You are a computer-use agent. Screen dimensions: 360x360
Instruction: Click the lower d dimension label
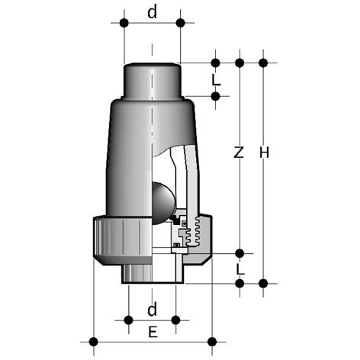point(152,309)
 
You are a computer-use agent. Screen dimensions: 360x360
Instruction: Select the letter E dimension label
point(153,333)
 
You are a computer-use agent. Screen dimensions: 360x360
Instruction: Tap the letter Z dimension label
point(239,153)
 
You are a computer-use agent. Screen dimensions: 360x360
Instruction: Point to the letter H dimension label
point(264,153)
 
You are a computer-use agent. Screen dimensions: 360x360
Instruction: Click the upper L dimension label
point(216,81)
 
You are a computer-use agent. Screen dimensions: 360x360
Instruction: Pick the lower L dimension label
point(240,269)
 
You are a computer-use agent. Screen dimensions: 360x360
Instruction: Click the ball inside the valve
point(162,203)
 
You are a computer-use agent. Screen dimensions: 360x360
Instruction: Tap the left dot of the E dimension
point(94,342)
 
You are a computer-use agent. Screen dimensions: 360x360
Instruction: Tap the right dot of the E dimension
point(212,342)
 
